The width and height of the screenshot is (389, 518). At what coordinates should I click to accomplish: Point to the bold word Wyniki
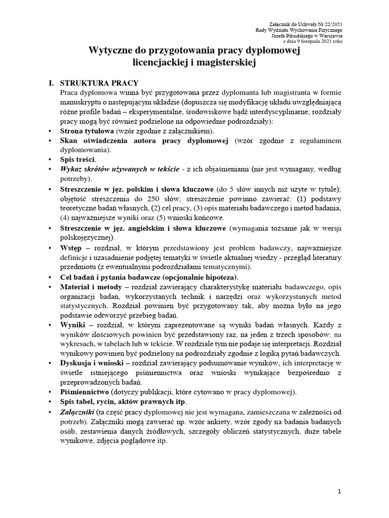pos(74,324)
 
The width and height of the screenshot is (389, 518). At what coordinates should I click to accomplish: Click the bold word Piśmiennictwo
pos(88,392)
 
